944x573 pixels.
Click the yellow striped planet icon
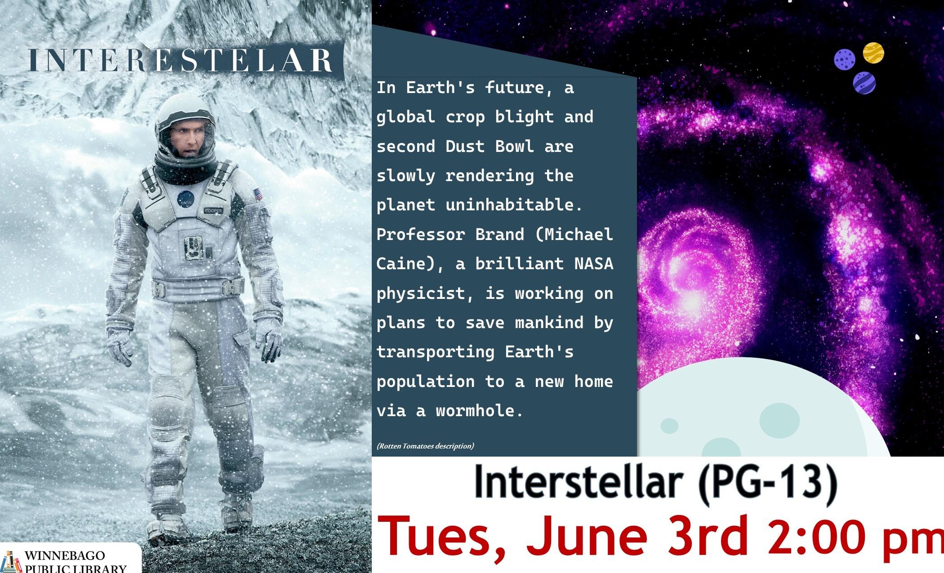(873, 53)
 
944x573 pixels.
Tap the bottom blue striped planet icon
(864, 83)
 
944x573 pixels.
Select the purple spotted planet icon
(845, 59)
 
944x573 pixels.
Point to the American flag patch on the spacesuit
(258, 195)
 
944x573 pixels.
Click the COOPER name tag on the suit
(213, 210)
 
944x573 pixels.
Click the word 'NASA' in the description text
(594, 263)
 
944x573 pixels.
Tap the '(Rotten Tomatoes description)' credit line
(425, 446)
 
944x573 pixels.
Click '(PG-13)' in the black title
(767, 484)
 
